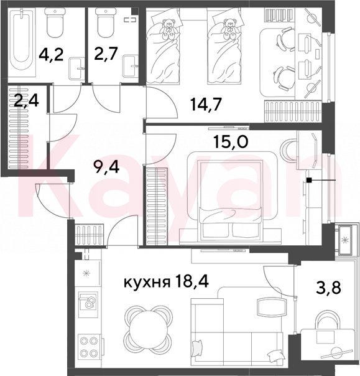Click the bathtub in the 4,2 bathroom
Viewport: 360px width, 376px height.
(x=22, y=42)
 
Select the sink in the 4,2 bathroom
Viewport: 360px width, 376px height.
(x=76, y=69)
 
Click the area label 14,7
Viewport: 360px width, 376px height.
(x=206, y=105)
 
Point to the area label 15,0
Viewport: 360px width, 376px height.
(x=231, y=142)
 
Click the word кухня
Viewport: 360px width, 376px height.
(x=147, y=283)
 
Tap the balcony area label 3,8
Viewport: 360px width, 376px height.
(x=328, y=287)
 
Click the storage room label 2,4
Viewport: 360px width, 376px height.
(x=26, y=101)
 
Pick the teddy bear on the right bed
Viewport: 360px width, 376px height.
(x=229, y=29)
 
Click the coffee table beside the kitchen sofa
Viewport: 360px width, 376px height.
(x=271, y=308)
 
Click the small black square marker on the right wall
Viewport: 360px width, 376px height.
(x=309, y=180)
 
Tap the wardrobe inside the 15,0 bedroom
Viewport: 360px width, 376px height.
(x=156, y=206)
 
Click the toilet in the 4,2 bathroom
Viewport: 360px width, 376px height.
(x=55, y=22)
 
